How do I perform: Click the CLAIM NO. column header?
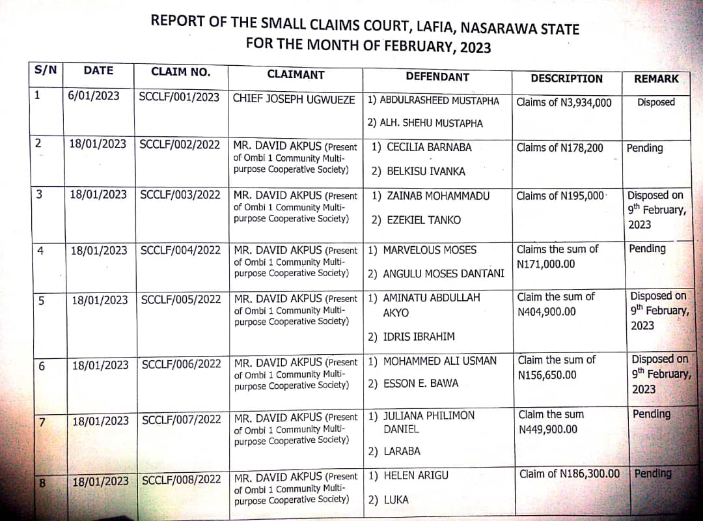pos(180,72)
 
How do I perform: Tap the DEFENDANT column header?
pos(437,76)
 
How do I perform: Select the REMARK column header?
pos(655,78)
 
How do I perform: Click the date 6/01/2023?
pos(94,96)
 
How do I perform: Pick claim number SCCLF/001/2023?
pos(179,97)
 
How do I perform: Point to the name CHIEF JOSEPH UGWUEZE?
pos(294,100)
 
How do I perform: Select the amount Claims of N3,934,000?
pos(564,102)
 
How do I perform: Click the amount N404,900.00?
pos(546,312)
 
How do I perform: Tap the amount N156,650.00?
pos(547,375)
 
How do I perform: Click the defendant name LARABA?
pos(402,451)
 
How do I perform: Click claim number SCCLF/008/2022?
pos(182,481)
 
